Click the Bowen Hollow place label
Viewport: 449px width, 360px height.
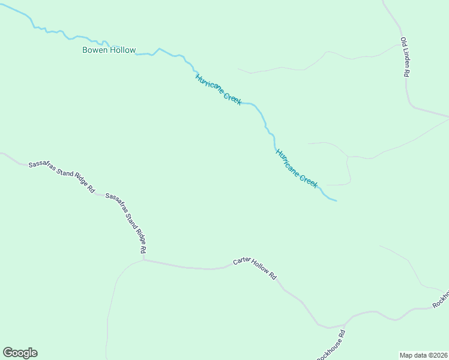pos(109,50)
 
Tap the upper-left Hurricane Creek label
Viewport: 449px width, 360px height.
pos(218,89)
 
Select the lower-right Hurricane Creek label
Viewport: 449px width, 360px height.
pos(297,169)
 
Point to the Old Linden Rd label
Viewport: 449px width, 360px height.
pos(405,57)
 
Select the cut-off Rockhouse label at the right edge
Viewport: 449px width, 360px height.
pos(441,299)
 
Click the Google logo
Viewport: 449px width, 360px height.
pos(20,353)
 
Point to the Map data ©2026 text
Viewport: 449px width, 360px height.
pos(424,355)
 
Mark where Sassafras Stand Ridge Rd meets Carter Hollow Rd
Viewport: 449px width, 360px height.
pos(144,260)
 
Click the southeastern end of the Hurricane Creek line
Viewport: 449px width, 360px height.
pos(336,200)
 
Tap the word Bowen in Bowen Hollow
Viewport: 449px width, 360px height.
pos(95,50)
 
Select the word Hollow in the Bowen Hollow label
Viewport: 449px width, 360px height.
pos(122,50)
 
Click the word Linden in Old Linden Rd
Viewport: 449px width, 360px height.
pos(405,59)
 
